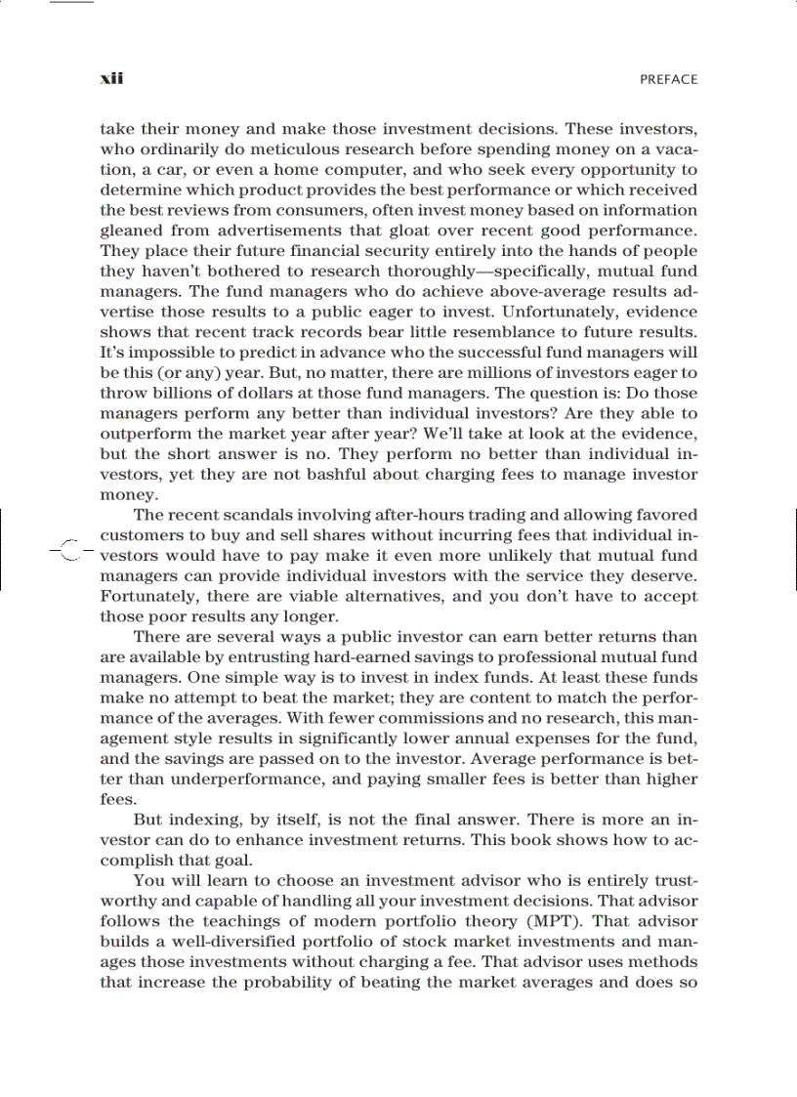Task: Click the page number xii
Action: (110, 78)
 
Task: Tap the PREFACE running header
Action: (668, 79)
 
